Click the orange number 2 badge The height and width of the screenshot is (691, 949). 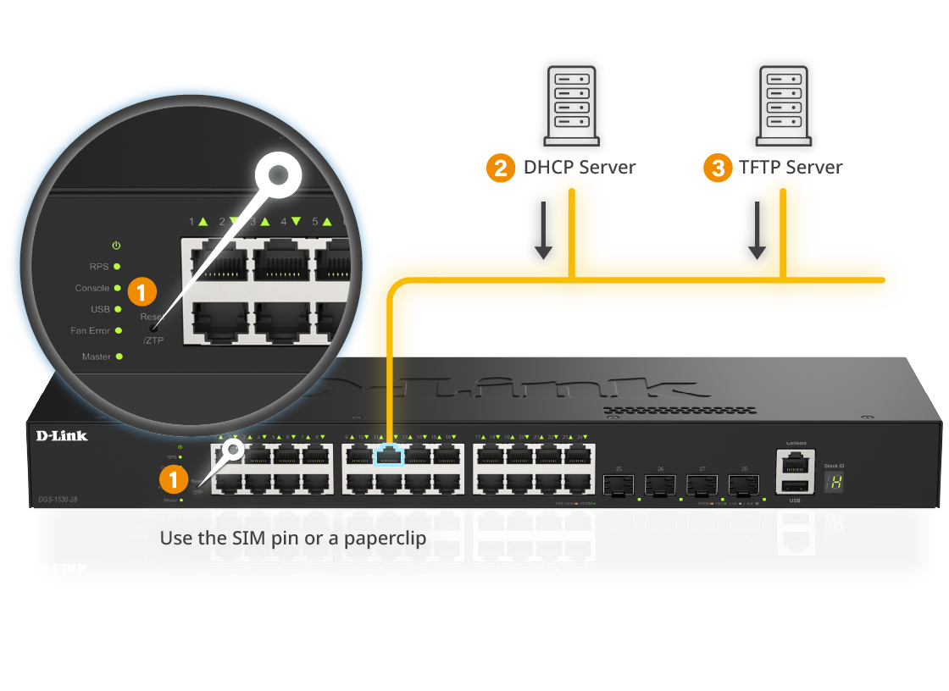pyautogui.click(x=501, y=169)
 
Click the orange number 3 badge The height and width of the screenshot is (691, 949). pyautogui.click(x=719, y=169)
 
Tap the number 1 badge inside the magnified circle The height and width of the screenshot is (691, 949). pyautogui.click(x=142, y=293)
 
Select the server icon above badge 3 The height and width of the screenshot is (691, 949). pyautogui.click(x=783, y=105)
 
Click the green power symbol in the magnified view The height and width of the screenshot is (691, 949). pyautogui.click(x=116, y=246)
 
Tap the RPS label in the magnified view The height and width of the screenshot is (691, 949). pyautogui.click(x=99, y=267)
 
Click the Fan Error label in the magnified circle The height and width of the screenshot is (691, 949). pyautogui.click(x=90, y=331)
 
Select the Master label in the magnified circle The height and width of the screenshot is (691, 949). pyautogui.click(x=97, y=357)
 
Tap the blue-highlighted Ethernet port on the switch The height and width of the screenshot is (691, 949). pyautogui.click(x=389, y=455)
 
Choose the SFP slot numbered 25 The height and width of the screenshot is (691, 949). pyautogui.click(x=619, y=484)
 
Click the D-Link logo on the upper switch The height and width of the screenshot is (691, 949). pyautogui.click(x=62, y=435)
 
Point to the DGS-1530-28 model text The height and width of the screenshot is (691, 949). pyautogui.click(x=58, y=500)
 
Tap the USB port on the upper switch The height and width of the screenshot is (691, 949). pyautogui.click(x=795, y=485)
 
